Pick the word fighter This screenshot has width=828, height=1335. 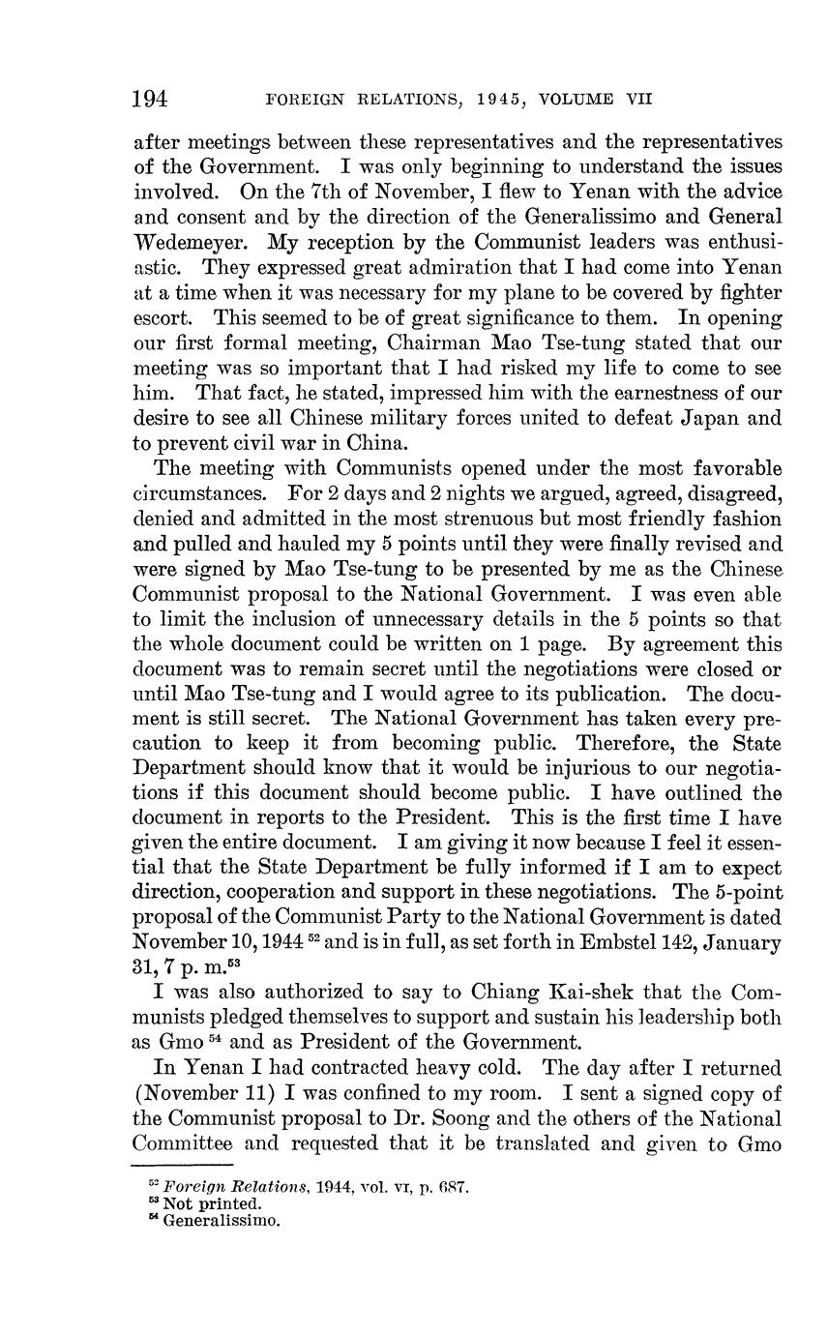(x=740, y=291)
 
